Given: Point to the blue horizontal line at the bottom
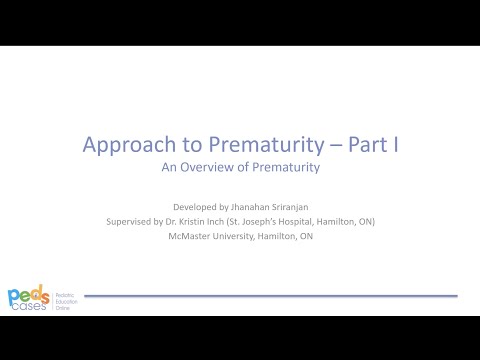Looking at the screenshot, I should (270, 296).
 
